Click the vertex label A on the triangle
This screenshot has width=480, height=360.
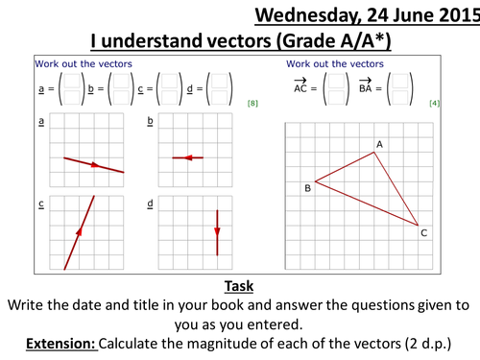[379, 145]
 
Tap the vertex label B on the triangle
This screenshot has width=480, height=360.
[308, 188]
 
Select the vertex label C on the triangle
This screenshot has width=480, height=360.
[424, 233]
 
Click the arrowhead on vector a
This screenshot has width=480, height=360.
[95, 165]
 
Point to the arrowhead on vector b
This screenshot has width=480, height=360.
[188, 157]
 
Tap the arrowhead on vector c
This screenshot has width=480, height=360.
[79, 231]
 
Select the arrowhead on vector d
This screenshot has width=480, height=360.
[217, 231]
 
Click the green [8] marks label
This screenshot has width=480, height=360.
[252, 104]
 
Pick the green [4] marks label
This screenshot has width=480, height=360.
[434, 104]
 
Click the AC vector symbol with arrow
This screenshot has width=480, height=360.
[300, 85]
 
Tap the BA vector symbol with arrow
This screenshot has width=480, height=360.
[365, 85]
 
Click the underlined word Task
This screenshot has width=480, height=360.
[239, 286]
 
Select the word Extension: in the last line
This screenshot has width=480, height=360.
[60, 344]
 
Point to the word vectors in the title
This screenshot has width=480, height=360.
[239, 41]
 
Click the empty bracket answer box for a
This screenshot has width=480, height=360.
[72, 89]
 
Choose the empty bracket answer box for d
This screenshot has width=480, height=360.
[219, 89]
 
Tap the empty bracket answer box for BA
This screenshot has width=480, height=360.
[400, 89]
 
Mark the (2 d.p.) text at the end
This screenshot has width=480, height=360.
[428, 344]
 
